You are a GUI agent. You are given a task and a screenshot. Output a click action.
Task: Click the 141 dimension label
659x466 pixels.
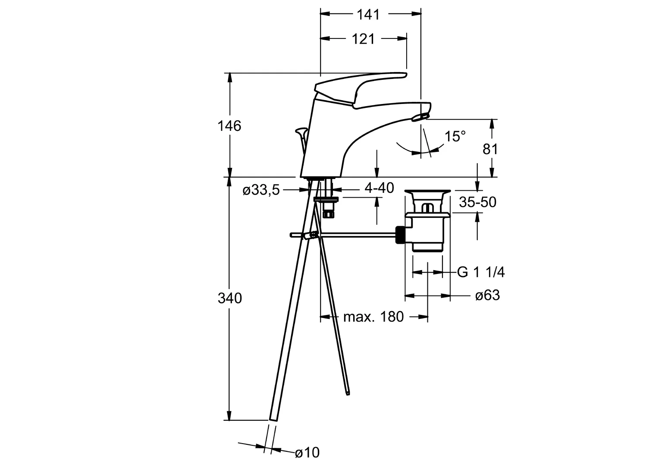(x=368, y=14)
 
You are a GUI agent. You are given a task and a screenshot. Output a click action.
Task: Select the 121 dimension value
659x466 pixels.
(x=363, y=39)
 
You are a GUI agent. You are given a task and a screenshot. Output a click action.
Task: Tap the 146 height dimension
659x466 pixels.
(x=229, y=126)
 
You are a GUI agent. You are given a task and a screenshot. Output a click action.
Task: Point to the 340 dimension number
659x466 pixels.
(x=229, y=298)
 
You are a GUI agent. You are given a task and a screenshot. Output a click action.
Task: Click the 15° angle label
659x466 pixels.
(x=455, y=137)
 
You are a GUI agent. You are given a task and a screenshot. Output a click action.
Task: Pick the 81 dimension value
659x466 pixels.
(x=490, y=149)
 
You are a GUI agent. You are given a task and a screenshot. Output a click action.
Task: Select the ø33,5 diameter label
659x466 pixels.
(x=261, y=190)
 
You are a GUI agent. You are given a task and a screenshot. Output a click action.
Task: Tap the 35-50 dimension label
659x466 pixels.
(x=477, y=202)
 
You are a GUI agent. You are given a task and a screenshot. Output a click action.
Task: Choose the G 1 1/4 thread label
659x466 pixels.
(x=480, y=272)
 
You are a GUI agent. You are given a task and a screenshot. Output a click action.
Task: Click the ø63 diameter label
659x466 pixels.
(x=487, y=296)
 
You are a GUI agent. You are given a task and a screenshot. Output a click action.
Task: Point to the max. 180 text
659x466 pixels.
(x=373, y=317)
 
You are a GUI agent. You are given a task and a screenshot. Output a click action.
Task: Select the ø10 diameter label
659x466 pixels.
(x=307, y=453)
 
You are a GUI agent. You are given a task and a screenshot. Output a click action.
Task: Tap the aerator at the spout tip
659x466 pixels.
(x=421, y=116)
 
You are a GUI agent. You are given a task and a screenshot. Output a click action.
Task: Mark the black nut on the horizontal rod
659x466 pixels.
(x=400, y=235)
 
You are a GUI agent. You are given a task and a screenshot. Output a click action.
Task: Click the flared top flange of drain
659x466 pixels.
(x=427, y=192)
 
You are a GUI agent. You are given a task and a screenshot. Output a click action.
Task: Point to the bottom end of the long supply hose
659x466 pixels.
(x=274, y=416)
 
